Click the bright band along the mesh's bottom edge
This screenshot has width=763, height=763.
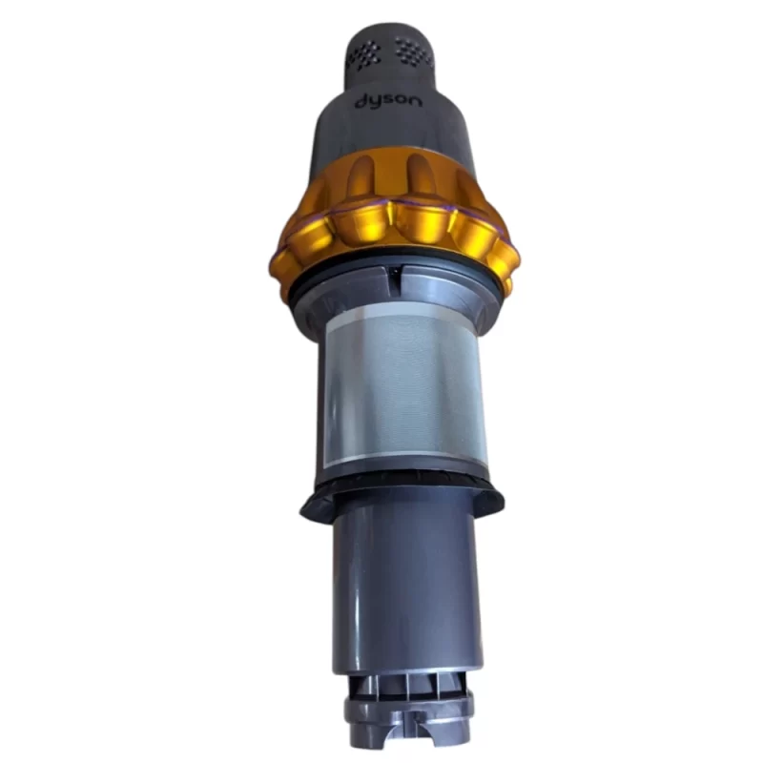[x=401, y=460]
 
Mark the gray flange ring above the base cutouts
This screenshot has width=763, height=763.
[x=405, y=711]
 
